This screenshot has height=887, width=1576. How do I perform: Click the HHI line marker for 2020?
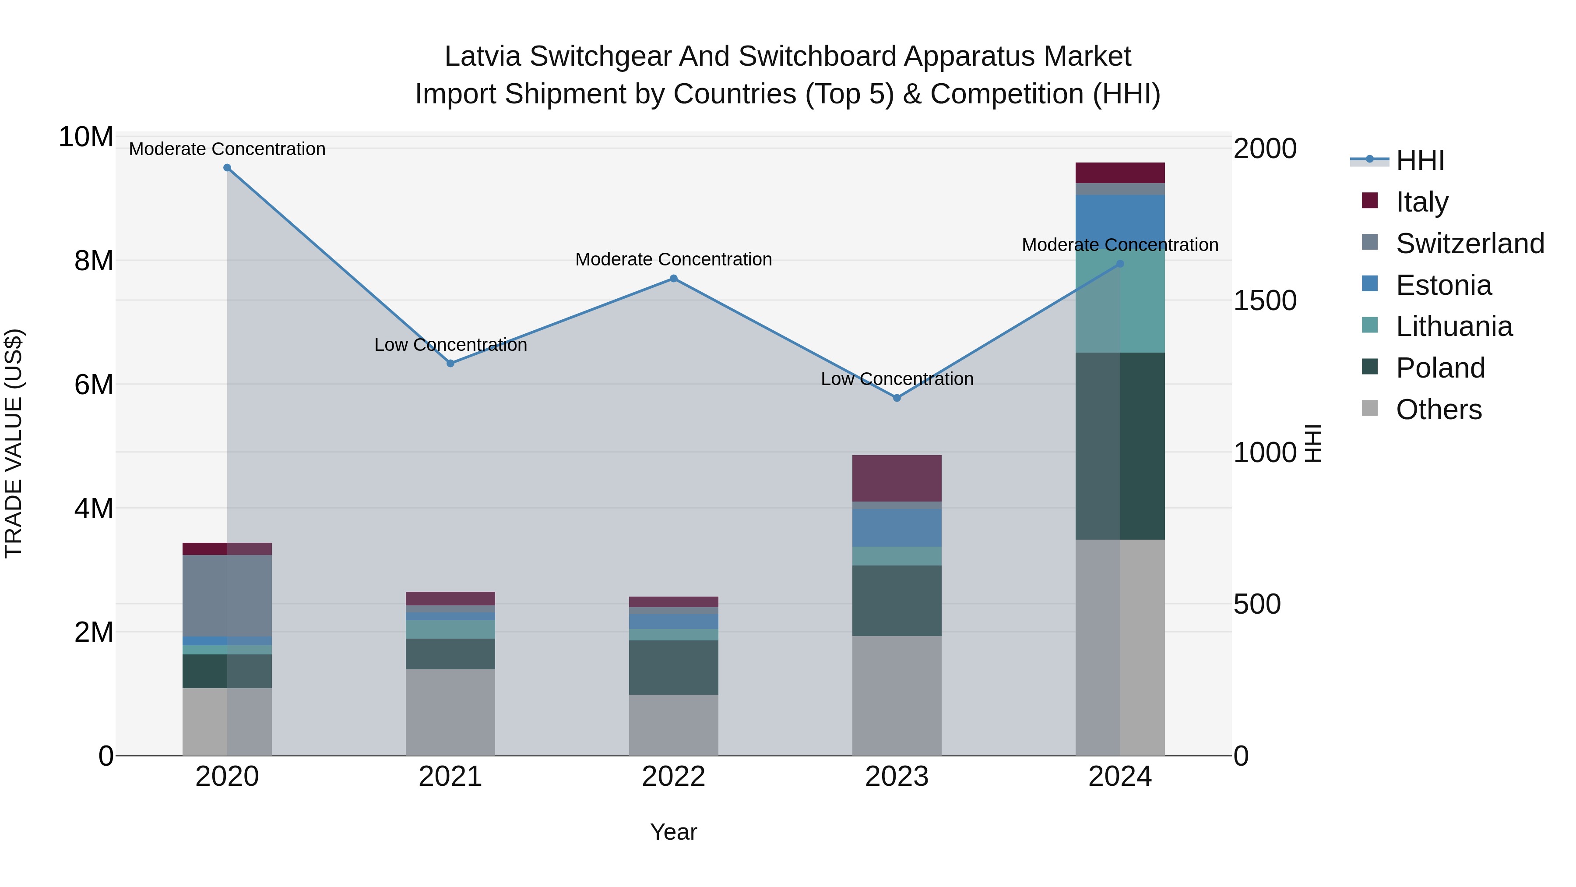coord(227,168)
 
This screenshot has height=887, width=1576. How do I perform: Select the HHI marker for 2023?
coord(897,398)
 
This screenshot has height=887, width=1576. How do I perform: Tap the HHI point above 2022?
coord(674,279)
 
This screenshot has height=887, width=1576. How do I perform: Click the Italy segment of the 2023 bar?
coord(897,478)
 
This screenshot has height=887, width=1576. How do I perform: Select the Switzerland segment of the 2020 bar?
coord(227,596)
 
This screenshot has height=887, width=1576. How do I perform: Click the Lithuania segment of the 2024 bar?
coord(1120,300)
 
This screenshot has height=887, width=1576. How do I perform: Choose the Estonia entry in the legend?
coord(1443,285)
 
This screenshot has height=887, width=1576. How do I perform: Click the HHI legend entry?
coord(1419,160)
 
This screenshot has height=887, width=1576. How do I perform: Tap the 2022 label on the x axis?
coord(674,777)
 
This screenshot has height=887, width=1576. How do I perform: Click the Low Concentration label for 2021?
coord(450,345)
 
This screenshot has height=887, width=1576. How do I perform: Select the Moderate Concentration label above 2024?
coord(1120,245)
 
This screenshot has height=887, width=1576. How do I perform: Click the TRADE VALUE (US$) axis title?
coord(14,443)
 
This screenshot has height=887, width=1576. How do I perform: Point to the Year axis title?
coord(674,832)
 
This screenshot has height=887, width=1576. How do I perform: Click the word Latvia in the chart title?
coord(483,57)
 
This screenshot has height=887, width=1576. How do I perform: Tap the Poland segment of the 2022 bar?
coord(674,667)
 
